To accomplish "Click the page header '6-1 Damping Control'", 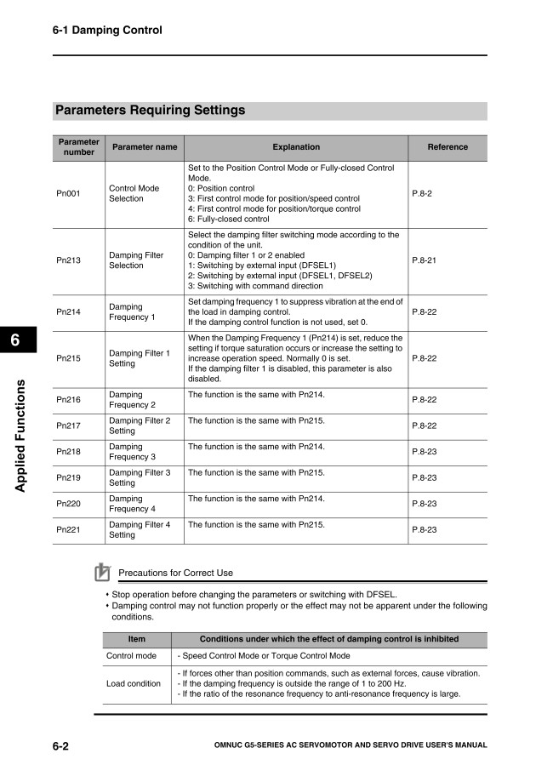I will pyautogui.click(x=107, y=31).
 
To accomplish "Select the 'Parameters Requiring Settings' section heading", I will pyautogui.click(x=150, y=111).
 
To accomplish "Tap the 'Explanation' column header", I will pyautogui.click(x=296, y=147).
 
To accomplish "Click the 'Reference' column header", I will pyautogui.click(x=448, y=147).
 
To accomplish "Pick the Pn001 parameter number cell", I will pyautogui.click(x=68, y=194).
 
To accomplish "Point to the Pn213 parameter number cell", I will pyautogui.click(x=68, y=260).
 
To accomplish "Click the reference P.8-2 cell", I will pyautogui.click(x=422, y=194).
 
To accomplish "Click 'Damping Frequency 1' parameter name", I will pyautogui.click(x=132, y=312).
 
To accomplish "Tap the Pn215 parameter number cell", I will pyautogui.click(x=68, y=359).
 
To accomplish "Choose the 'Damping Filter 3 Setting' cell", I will pyautogui.click(x=140, y=477).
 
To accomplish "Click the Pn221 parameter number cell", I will pyautogui.click(x=68, y=530).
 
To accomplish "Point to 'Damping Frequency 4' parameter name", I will pyautogui.click(x=132, y=504).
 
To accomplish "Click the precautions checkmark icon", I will pyautogui.click(x=103, y=572).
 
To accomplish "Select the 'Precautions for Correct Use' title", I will pyautogui.click(x=175, y=573).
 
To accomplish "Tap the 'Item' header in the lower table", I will pyautogui.click(x=136, y=639).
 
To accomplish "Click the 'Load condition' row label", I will pyautogui.click(x=133, y=684).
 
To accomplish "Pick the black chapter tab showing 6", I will pyautogui.click(x=15, y=341).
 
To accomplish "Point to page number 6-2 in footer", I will pyautogui.click(x=60, y=746).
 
